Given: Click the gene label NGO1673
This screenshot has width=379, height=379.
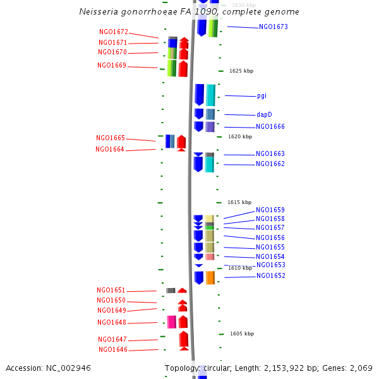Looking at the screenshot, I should tap(273, 27).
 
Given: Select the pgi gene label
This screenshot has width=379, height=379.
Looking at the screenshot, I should tap(262, 96).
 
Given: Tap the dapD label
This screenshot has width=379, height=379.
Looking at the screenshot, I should tap(264, 115).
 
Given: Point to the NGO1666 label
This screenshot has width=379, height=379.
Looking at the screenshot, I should tap(270, 127).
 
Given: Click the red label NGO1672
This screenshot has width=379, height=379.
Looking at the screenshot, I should tap(114, 32).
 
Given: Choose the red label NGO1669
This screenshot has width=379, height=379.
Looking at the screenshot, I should tap(112, 66).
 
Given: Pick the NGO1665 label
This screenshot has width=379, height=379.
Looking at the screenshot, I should tap(111, 138).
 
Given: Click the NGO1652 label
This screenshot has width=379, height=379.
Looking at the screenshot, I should tap(270, 276).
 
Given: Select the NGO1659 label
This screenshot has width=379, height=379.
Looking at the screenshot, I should tap(270, 210).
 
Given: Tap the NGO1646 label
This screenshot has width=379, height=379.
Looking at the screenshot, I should tap(113, 350).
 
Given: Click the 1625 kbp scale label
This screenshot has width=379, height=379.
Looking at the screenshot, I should tap(241, 71).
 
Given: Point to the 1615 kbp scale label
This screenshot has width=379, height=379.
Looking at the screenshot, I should tap(239, 203).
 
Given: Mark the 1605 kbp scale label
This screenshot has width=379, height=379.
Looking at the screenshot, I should tap(242, 334).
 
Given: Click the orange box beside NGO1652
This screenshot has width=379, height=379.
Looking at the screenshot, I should tap(210, 277).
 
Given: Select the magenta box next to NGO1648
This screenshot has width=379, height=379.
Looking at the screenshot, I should tap(172, 322).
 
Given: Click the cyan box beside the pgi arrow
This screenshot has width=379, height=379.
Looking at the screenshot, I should tap(210, 95).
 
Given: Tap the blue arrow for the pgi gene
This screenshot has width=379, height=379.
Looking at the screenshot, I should tap(199, 95).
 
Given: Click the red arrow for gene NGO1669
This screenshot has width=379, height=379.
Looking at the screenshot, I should tap(183, 69).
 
